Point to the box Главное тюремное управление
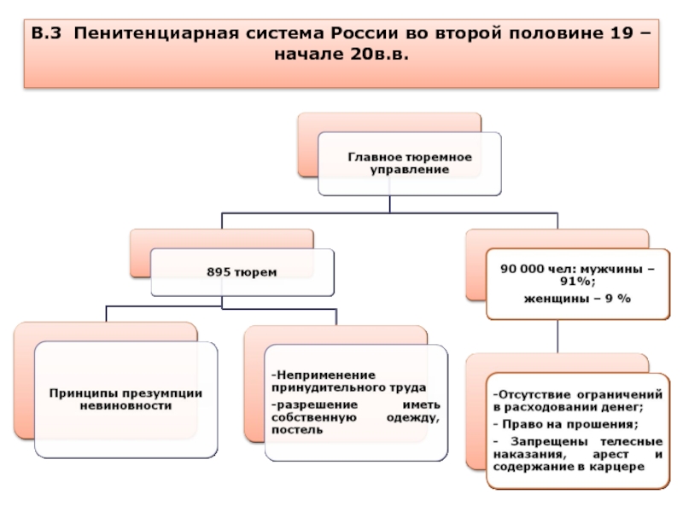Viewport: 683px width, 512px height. pos(410,163)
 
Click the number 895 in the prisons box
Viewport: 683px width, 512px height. pos(219,272)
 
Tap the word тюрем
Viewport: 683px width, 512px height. pos(255,272)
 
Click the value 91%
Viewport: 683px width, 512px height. pos(578,282)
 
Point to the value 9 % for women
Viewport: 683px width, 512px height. pos(618,299)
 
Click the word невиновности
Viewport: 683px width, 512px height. pos(126,406)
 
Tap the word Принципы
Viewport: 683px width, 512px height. pos(83,393)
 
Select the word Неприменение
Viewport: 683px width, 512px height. pos(324,375)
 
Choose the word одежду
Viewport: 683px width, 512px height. pos(413,417)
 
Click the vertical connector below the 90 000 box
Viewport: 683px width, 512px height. pos(557,336)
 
